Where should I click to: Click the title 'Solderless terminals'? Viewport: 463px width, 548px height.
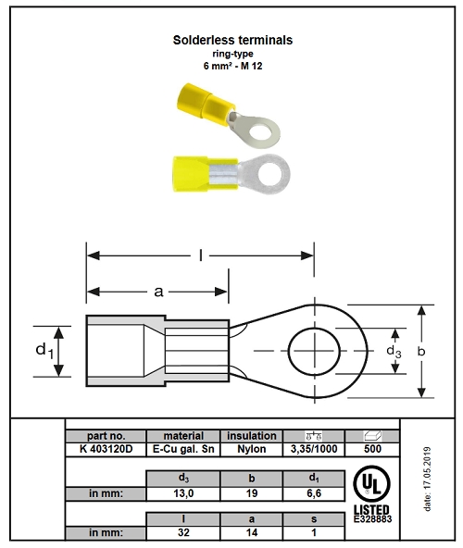pos(232,40)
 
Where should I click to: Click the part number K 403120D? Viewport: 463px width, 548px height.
pos(106,449)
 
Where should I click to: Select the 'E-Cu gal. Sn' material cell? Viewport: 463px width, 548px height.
pos(183,449)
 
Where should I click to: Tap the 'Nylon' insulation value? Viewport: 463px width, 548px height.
pos(252,449)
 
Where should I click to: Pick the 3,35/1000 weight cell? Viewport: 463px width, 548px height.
pos(314,449)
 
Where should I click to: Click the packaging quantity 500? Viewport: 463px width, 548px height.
pos(372,449)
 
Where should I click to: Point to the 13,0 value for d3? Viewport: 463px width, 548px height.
pos(183,493)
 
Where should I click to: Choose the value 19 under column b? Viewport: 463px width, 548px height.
pos(252,493)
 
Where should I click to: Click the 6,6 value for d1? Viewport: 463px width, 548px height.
pos(314,493)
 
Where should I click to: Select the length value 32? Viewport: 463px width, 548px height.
pos(183,532)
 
